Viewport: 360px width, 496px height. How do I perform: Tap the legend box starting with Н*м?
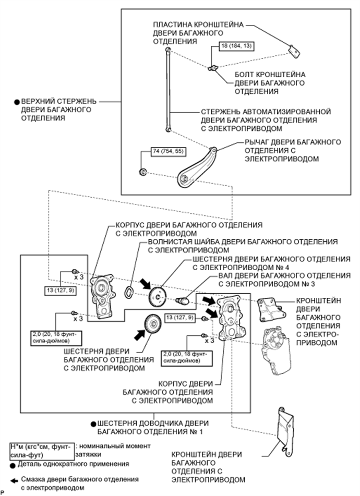42,450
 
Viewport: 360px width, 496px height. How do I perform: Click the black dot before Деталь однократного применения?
13,464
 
